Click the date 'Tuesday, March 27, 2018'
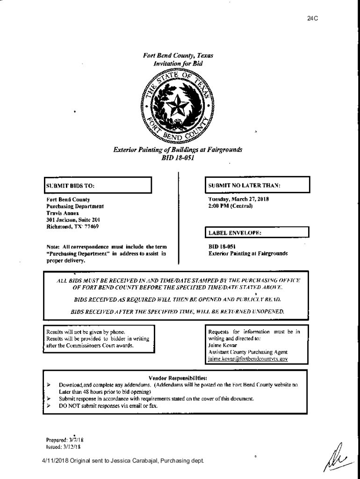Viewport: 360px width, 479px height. [238, 199]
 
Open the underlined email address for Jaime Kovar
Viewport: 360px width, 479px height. [248, 359]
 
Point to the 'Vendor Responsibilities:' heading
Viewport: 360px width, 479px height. [178, 377]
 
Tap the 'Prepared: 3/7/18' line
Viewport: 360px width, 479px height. [65, 440]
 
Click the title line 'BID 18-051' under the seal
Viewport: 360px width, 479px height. [178, 158]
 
